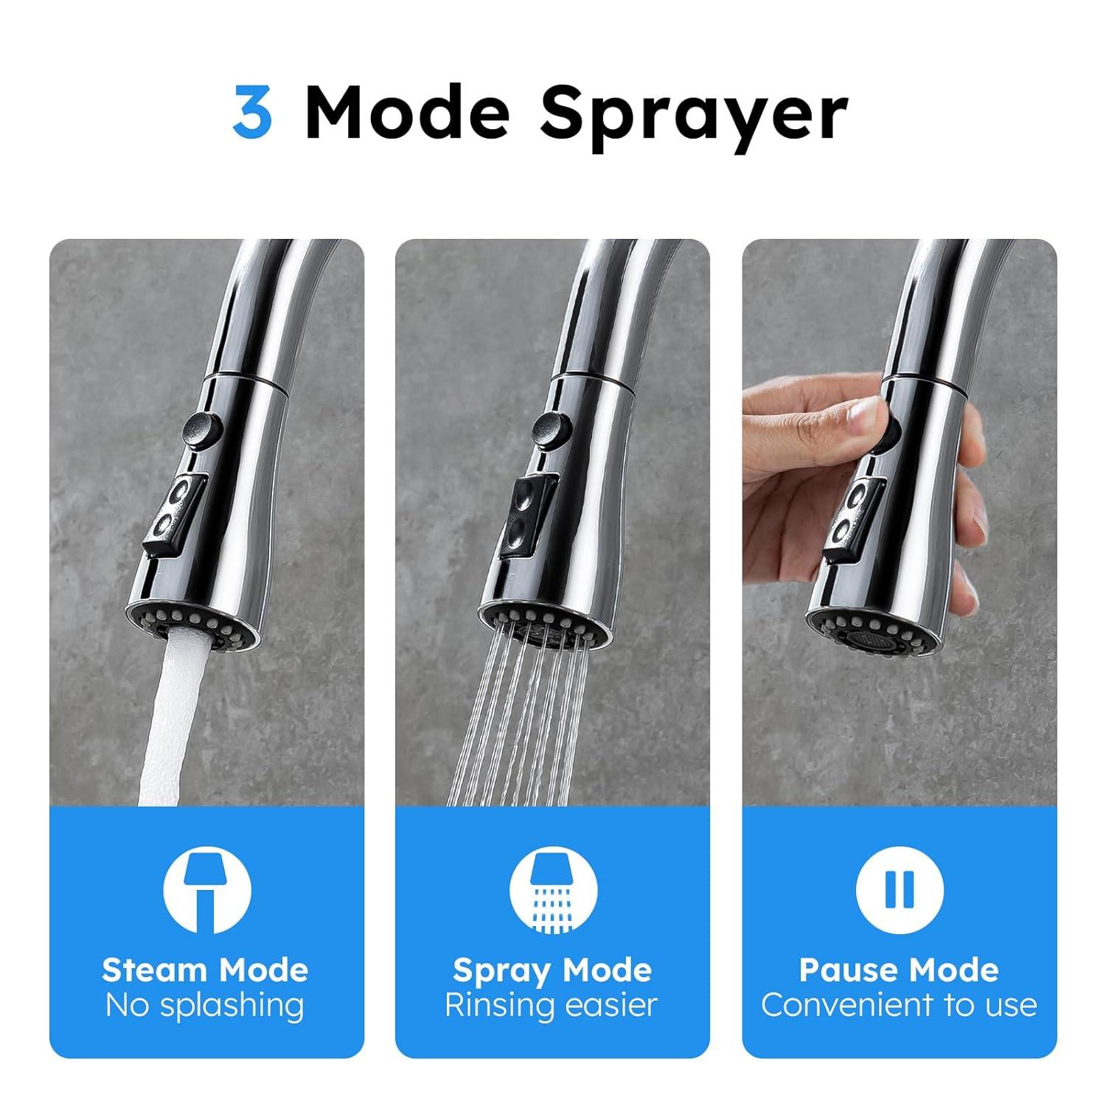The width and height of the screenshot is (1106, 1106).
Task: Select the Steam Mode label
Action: [x=205, y=970]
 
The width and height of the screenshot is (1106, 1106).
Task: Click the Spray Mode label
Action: [x=552, y=970]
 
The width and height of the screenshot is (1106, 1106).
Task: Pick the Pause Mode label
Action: [x=899, y=970]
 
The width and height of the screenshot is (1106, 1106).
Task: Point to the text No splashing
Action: [x=205, y=1005]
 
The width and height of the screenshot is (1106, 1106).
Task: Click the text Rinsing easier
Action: [x=552, y=1005]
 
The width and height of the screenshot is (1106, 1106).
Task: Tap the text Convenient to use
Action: [x=899, y=1005]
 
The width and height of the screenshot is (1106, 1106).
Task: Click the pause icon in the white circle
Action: [x=899, y=890]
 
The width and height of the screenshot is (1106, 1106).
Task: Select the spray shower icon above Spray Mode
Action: [x=552, y=890]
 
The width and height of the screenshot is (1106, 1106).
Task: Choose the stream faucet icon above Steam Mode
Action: [x=206, y=890]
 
